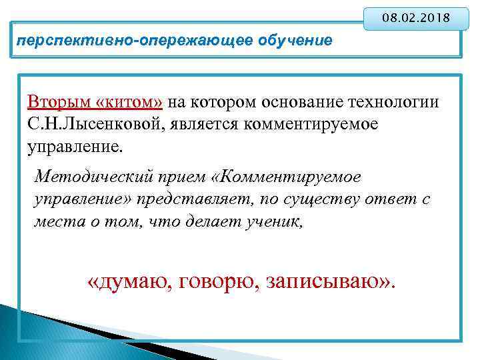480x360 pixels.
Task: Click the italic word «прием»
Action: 186,177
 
